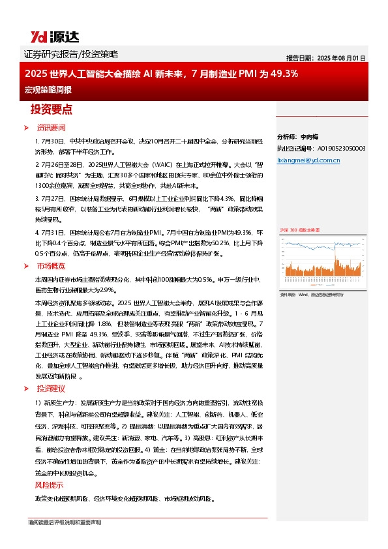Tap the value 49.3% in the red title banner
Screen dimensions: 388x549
coord(285,74)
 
